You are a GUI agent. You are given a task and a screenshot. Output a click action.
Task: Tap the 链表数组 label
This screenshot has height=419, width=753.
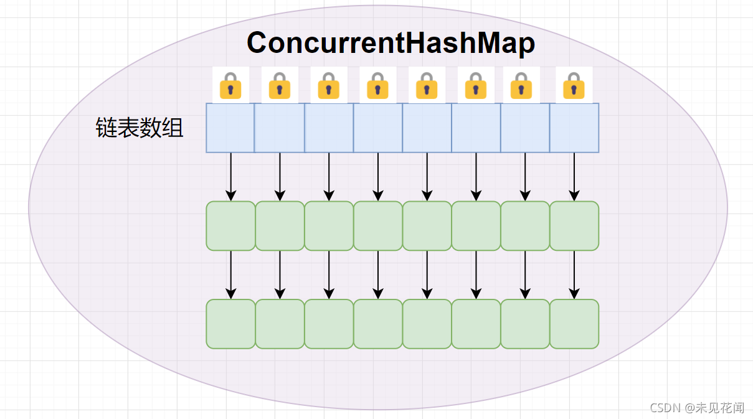tap(140, 128)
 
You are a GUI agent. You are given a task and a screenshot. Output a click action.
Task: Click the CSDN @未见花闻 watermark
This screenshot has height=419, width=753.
tap(697, 408)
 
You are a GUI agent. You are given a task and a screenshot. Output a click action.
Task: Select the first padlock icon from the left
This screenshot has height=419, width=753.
tap(230, 85)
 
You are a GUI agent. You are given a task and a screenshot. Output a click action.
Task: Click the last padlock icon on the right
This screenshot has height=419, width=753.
tap(574, 85)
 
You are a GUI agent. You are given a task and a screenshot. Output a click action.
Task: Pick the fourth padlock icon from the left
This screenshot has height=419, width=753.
tap(377, 85)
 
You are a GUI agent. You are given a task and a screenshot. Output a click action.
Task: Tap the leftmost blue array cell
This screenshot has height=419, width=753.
tap(230, 128)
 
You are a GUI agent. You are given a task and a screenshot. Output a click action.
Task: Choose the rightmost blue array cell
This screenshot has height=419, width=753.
tap(574, 128)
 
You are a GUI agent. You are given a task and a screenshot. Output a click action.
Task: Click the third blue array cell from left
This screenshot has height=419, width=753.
tap(329, 128)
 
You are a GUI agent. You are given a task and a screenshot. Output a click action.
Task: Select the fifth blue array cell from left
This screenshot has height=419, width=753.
tap(427, 128)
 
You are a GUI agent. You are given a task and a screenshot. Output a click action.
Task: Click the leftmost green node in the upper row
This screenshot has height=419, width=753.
tap(230, 226)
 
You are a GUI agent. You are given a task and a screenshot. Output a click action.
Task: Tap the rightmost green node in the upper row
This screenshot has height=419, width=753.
tap(574, 226)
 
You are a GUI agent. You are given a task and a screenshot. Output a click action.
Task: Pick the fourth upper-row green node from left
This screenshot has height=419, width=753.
tap(378, 226)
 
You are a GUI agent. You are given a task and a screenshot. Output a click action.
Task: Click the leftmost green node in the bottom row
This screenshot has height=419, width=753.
tap(230, 324)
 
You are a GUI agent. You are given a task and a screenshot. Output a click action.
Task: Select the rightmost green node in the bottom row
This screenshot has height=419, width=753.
tap(574, 324)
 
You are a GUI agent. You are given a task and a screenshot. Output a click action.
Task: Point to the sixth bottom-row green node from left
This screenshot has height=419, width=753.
tap(476, 324)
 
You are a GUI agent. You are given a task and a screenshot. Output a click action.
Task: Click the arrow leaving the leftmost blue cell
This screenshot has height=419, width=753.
tap(231, 177)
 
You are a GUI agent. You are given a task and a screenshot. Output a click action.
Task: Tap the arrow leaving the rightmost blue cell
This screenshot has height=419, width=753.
tap(574, 177)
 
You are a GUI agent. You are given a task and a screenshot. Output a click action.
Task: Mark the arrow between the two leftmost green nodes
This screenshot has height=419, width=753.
tap(231, 275)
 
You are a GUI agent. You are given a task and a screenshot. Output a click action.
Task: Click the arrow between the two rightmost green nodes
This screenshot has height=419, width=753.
tap(574, 275)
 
